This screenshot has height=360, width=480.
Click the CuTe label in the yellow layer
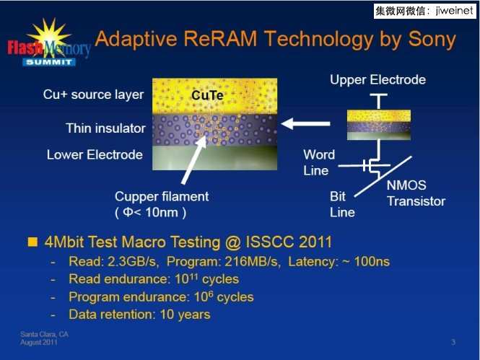tap(207, 95)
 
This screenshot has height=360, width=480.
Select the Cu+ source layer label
tap(93, 95)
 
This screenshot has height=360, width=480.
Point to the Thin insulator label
tap(105, 128)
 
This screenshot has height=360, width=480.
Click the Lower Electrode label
tap(95, 155)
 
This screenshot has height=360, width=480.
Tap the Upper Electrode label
tap(378, 80)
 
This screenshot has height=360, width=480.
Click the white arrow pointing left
tap(305, 123)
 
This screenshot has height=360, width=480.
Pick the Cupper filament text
tap(162, 197)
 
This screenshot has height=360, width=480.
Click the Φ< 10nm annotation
tap(150, 212)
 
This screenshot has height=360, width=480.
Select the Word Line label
tap(319, 162)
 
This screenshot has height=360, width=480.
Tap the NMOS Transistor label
tap(416, 193)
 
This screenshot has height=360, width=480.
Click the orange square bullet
tap(32, 242)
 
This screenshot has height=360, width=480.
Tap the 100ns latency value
tap(372, 261)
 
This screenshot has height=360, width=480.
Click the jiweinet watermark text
tap(455, 11)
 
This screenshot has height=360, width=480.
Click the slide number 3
tap(453, 342)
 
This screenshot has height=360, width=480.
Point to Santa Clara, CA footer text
tap(44, 334)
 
